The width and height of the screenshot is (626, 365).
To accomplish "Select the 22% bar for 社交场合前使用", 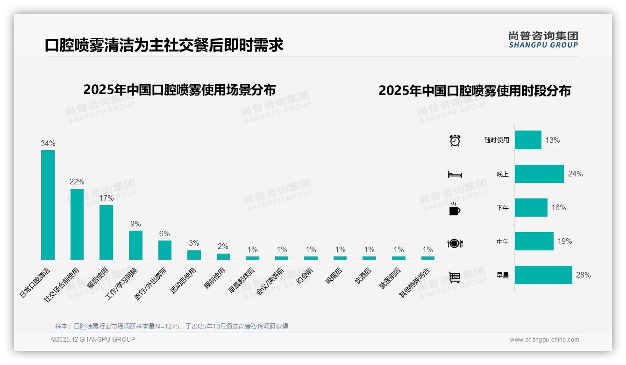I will point(77,224).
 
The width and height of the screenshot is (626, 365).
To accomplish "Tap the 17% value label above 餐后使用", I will point(107,198).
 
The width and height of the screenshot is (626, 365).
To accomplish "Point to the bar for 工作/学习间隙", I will point(135,245).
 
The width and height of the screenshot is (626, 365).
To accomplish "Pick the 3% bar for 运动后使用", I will point(194,255).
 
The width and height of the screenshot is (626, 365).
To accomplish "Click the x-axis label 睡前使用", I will point(215,278).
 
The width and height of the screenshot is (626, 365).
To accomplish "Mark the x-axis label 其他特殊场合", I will point(414,283).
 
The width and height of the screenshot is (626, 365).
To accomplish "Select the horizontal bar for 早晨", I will point(543,275).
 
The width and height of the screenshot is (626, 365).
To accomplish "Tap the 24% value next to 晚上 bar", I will point(575,174).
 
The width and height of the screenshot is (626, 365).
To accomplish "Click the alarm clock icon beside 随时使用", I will point(455,140).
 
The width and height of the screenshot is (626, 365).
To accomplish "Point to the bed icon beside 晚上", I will point(455,175).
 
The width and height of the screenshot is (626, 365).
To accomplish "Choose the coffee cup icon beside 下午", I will point(455,209).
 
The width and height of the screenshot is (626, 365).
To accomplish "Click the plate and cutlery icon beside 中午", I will point(455,243).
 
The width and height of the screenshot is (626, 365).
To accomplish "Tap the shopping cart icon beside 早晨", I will point(455,277).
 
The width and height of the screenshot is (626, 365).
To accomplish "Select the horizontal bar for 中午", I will point(534,241).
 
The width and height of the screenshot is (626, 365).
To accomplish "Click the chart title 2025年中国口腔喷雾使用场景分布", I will point(179,90).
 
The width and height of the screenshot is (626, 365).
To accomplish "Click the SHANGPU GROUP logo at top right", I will point(543,40).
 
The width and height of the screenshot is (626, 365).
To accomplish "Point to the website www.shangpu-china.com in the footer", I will point(544,340).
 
